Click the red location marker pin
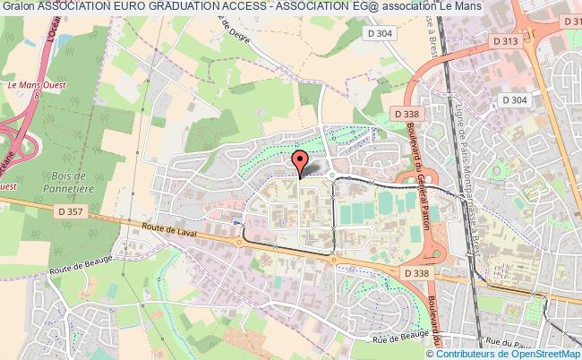[300, 162]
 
